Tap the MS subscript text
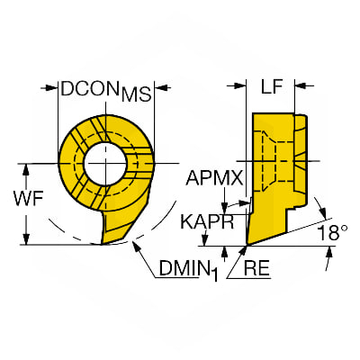(x=136, y=94)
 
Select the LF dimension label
(x=272, y=87)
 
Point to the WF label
(x=29, y=198)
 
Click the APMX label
(x=214, y=178)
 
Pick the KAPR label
(x=207, y=222)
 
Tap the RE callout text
(x=256, y=268)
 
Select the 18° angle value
(x=332, y=232)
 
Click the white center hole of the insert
(x=105, y=163)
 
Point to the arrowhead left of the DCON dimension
(x=51, y=87)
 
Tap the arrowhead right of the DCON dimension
(x=160, y=87)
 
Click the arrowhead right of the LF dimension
(x=301, y=86)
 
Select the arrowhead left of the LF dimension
(x=240, y=86)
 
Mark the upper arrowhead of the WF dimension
(x=26, y=169)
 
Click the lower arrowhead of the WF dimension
(x=26, y=238)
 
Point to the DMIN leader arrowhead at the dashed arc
(x=136, y=247)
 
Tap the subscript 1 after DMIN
(x=213, y=274)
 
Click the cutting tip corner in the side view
(x=247, y=246)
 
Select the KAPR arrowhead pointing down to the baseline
(x=205, y=240)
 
